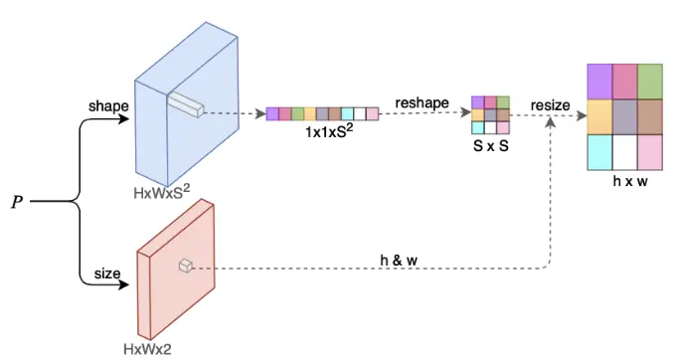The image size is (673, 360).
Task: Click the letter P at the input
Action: point(17,203)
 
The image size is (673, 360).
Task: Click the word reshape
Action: point(421,102)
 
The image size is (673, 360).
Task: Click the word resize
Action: point(551,104)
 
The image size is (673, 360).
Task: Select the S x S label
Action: point(490,145)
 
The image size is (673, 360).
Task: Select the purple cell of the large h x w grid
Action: point(599,80)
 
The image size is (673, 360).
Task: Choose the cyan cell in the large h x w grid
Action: point(599,151)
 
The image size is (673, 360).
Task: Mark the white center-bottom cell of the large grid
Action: point(625,151)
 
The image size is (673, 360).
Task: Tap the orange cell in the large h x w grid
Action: point(599,115)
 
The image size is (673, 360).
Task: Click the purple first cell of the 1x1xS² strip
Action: point(272,113)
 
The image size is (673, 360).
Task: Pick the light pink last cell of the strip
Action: point(373,113)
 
